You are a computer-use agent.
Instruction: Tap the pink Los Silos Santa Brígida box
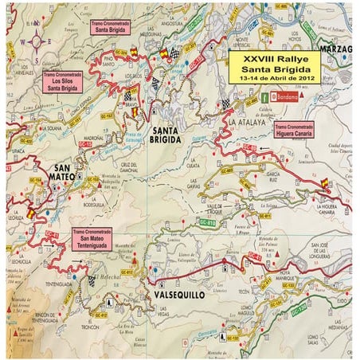click(x=61, y=80)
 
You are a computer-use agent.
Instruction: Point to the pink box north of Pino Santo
click(x=111, y=29)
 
